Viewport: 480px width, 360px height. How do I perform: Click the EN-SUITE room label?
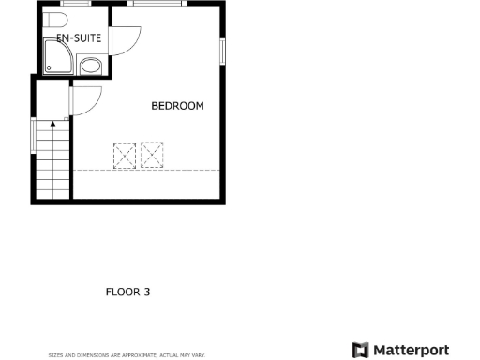tap(79, 38)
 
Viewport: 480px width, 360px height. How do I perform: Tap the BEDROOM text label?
tap(177, 106)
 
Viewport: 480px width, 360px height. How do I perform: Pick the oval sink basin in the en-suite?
tap(91, 66)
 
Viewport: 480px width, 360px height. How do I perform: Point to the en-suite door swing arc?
tap(126, 38)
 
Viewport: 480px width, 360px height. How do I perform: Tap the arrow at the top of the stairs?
tap(52, 122)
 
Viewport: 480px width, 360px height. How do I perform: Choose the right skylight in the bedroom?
tap(153, 153)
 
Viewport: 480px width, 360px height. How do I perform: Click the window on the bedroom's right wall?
tap(223, 52)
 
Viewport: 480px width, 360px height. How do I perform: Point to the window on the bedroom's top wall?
tap(157, 4)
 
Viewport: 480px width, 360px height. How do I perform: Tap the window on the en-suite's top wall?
tap(77, 4)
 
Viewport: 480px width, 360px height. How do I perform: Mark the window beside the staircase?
tap(34, 135)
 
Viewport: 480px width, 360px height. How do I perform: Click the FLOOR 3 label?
tap(127, 292)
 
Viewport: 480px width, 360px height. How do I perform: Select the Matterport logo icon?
tap(360, 350)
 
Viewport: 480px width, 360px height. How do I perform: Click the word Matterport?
tap(412, 350)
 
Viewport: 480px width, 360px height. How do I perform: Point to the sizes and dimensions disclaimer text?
tap(112, 355)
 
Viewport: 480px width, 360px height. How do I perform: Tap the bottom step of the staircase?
tap(52, 194)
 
